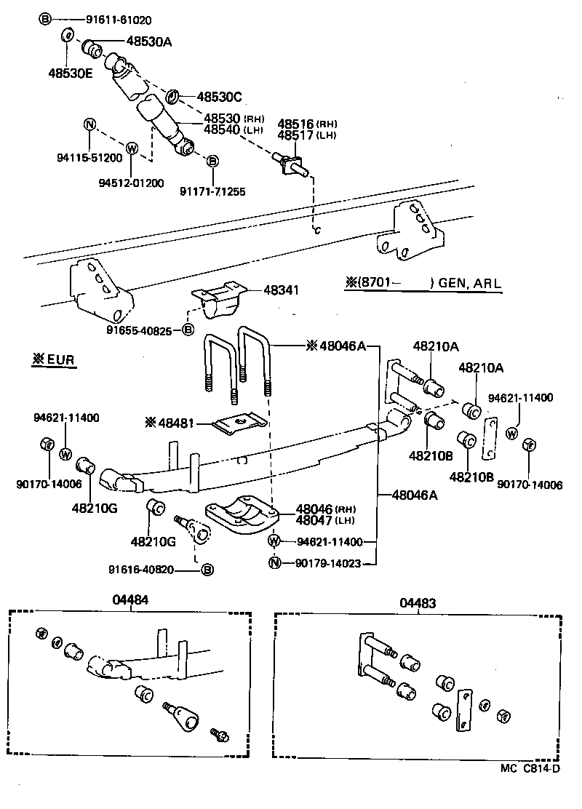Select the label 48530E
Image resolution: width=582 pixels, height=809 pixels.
point(71,73)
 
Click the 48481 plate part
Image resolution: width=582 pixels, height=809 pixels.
point(236,424)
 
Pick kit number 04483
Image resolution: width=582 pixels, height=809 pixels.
point(418,602)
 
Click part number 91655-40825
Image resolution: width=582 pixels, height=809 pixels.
point(143,330)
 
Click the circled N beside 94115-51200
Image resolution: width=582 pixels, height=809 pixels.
point(89,124)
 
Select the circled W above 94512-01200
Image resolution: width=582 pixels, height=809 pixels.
point(132,148)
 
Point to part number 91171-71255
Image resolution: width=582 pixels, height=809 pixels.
point(212,192)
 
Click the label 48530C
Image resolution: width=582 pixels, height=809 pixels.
point(219,96)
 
